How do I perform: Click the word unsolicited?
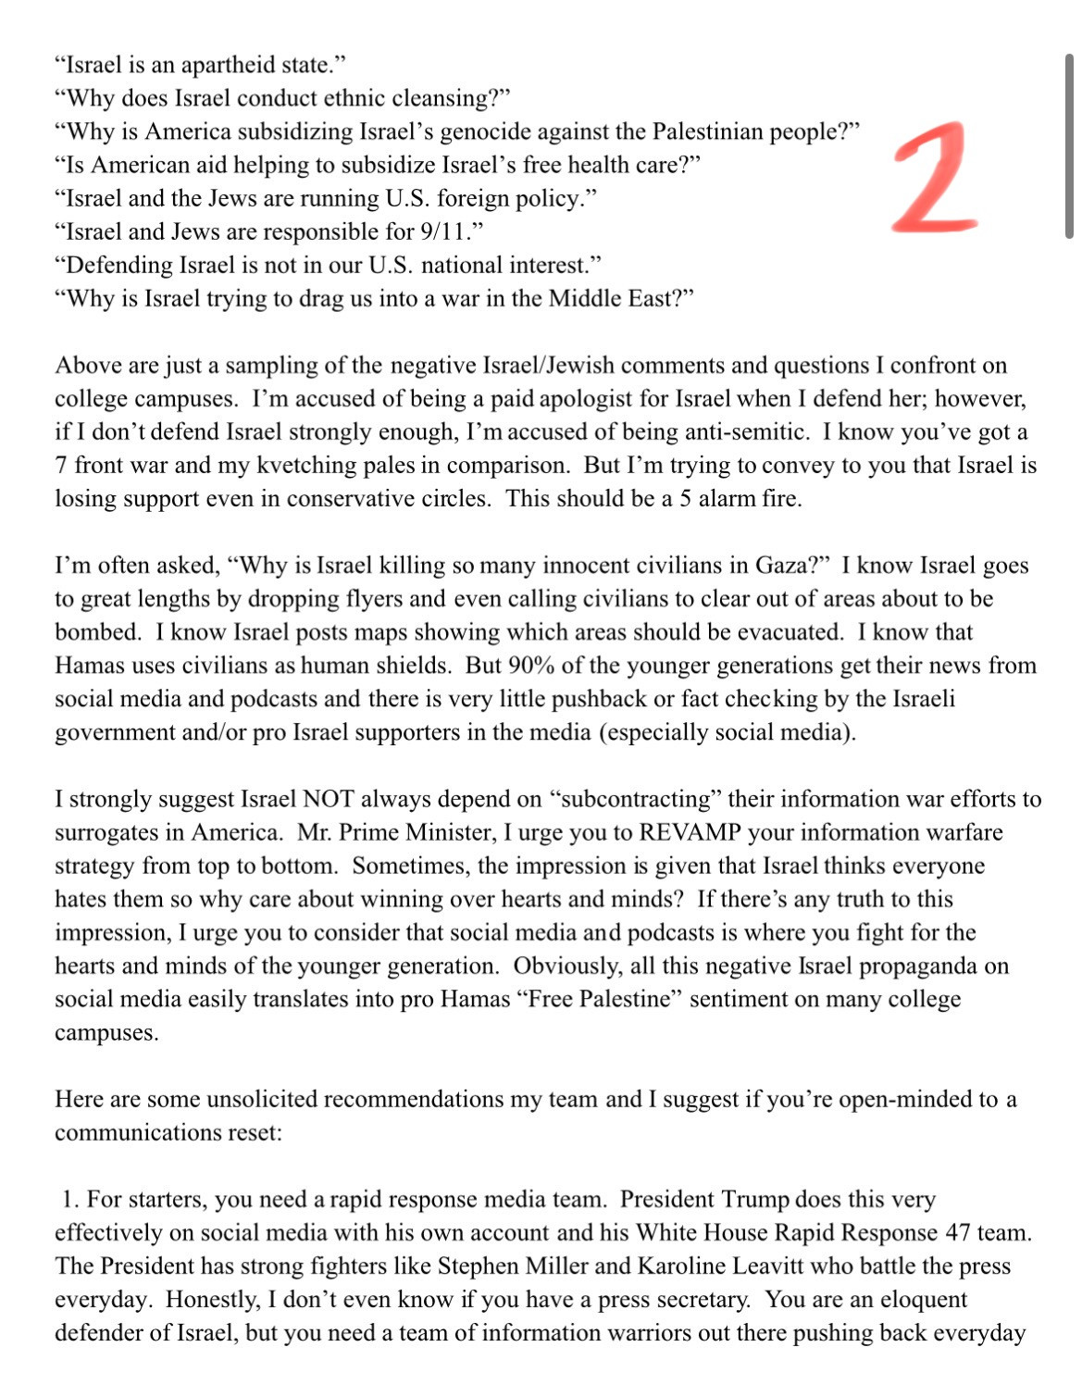[262, 1099]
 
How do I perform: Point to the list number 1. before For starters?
[70, 1199]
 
